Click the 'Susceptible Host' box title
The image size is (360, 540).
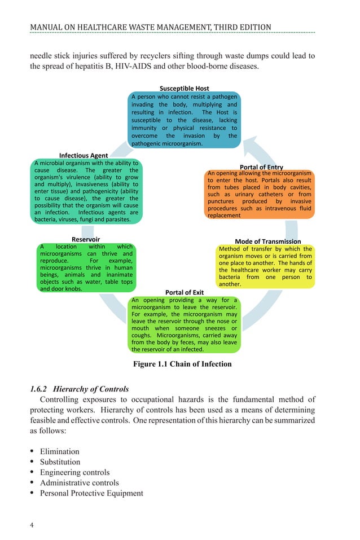coord(184,89)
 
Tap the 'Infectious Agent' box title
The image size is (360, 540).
coord(84,155)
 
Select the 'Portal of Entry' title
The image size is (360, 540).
coord(261,167)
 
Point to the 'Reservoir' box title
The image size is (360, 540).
coord(86,239)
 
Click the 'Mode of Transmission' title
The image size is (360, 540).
coord(267,242)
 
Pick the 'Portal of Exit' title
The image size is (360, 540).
coord(184,292)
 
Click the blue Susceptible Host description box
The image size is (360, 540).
coord(184,120)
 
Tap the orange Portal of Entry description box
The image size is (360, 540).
coord(259,194)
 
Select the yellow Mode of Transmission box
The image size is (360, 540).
coord(265,266)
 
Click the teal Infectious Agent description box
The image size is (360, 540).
coord(86,191)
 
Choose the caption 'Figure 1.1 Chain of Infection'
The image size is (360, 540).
coord(182,364)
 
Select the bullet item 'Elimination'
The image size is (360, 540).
coord(59,451)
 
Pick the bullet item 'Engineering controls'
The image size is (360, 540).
coord(74,472)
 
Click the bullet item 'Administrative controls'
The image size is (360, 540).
coord(79,483)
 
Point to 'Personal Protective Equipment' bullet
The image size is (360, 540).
coord(91,493)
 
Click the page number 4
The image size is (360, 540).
coord(32,526)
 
